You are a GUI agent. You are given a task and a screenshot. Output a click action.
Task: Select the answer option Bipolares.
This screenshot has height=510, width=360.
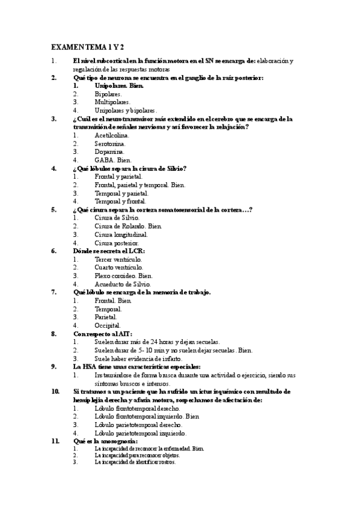point(108,94)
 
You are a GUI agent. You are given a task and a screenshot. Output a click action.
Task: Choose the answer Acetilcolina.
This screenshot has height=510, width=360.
point(112,135)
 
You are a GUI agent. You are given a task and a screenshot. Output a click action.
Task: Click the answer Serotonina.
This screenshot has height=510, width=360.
point(110,144)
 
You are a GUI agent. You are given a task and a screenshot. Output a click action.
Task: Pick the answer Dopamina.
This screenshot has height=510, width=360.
point(109,152)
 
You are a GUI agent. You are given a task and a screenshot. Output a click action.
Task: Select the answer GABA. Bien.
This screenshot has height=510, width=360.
point(113,161)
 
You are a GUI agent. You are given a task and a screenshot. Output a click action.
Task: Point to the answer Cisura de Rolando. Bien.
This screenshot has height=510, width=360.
point(125,226)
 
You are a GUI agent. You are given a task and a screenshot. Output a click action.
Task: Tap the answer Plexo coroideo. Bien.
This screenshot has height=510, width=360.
point(123,275)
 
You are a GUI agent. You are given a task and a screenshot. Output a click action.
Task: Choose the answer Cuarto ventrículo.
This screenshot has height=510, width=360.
point(119,267)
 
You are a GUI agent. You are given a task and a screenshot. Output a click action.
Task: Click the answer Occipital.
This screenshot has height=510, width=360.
point(108,325)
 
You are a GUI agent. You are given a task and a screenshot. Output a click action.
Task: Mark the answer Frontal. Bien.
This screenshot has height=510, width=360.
point(113,300)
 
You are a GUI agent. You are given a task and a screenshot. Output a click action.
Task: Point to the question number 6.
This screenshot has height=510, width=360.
point(53,251)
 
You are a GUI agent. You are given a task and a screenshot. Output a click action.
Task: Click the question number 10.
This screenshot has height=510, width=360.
point(55,391)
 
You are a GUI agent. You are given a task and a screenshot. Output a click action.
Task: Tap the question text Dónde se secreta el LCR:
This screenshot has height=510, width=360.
point(109,251)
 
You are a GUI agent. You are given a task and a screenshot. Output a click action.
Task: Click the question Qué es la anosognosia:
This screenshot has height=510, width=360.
point(106,441)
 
